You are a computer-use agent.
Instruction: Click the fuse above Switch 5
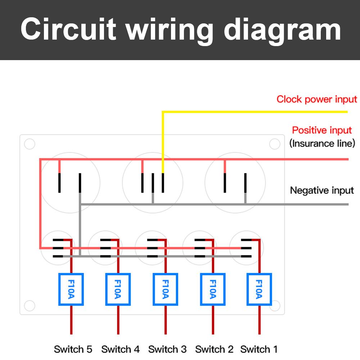[71, 289]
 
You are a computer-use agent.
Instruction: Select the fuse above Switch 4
[118, 289]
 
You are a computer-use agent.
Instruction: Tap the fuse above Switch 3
[165, 289]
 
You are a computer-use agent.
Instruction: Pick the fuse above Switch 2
[212, 289]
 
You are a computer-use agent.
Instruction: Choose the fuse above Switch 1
[259, 289]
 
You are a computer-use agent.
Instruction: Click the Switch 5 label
[73, 349]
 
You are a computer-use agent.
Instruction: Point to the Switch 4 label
[120, 349]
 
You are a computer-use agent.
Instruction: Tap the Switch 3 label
[167, 349]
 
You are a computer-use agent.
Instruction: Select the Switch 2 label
[214, 349]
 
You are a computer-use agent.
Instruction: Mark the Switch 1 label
[259, 349]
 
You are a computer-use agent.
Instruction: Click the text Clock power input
[317, 99]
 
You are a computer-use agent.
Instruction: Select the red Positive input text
[322, 130]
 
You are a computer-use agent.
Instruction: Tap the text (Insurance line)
[322, 143]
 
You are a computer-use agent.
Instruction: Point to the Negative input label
[322, 190]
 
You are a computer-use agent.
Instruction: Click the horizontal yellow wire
[252, 112]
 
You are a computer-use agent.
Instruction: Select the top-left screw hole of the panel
[30, 144]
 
